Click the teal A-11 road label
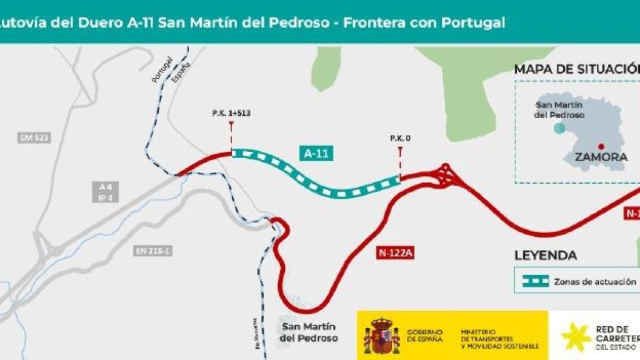(x=316, y=154)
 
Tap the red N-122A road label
(x=396, y=253)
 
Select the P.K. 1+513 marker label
(x=232, y=114)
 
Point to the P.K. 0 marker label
(x=400, y=138)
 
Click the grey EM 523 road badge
(x=34, y=137)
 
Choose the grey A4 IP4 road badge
(x=104, y=192)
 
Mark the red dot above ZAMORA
(x=601, y=146)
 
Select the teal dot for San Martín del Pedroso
(x=559, y=128)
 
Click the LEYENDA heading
(x=545, y=256)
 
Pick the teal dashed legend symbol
(x=536, y=281)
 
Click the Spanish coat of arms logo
(x=381, y=335)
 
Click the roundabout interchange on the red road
(x=447, y=176)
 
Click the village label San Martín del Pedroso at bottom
(x=309, y=332)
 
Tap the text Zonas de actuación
(x=594, y=282)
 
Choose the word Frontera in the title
(x=371, y=22)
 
